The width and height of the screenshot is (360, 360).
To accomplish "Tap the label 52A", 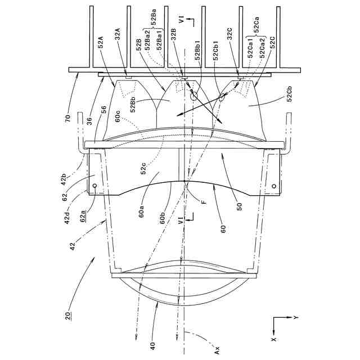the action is coord(101,43).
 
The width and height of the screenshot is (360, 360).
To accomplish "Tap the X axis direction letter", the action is coord(274,339).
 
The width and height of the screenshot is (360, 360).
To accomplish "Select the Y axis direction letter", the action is coord(296,318).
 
